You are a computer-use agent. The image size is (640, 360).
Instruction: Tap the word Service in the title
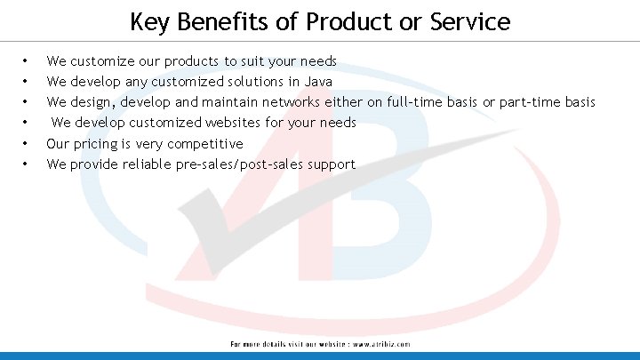coord(465,21)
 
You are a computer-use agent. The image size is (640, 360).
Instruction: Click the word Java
coord(318,82)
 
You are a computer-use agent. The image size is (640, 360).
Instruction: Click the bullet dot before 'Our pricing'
coord(25,143)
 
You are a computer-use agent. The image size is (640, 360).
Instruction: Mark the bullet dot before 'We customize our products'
coord(25,61)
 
